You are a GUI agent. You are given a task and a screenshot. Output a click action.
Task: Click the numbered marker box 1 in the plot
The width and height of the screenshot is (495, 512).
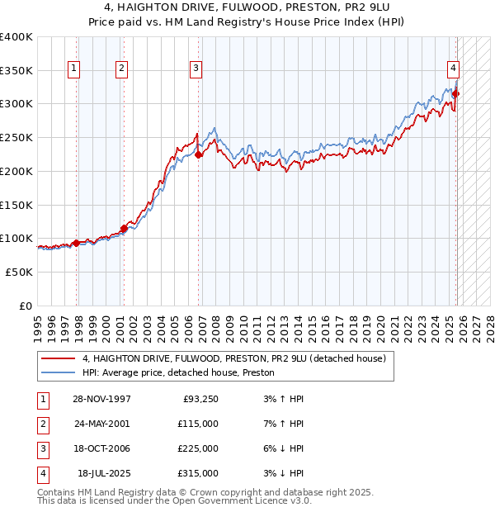pyautogui.click(x=75, y=69)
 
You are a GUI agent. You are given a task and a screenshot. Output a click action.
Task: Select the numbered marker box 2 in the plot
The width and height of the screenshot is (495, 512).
pyautogui.click(x=122, y=69)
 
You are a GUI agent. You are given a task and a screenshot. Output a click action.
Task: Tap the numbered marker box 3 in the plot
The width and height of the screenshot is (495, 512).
pyautogui.click(x=196, y=69)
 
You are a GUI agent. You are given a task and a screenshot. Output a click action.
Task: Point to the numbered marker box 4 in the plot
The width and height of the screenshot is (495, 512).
pyautogui.click(x=454, y=69)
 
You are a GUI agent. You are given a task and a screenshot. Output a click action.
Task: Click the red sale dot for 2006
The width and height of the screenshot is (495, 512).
pyautogui.click(x=198, y=154)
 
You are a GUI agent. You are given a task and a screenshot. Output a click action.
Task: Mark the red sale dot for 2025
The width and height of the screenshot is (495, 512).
pyautogui.click(x=456, y=94)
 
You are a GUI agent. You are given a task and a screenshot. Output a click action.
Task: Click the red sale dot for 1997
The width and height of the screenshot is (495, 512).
pyautogui.click(x=76, y=243)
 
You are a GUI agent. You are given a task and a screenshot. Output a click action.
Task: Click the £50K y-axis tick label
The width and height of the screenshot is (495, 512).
pyautogui.click(x=19, y=272)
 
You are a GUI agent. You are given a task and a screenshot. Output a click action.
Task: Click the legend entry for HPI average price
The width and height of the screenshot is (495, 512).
pyautogui.click(x=178, y=373)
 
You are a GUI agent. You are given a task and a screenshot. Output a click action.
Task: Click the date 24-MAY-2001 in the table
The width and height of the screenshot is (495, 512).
pyautogui.click(x=102, y=424)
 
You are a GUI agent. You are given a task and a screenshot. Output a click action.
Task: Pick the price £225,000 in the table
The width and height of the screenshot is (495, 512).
pyautogui.click(x=198, y=448)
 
